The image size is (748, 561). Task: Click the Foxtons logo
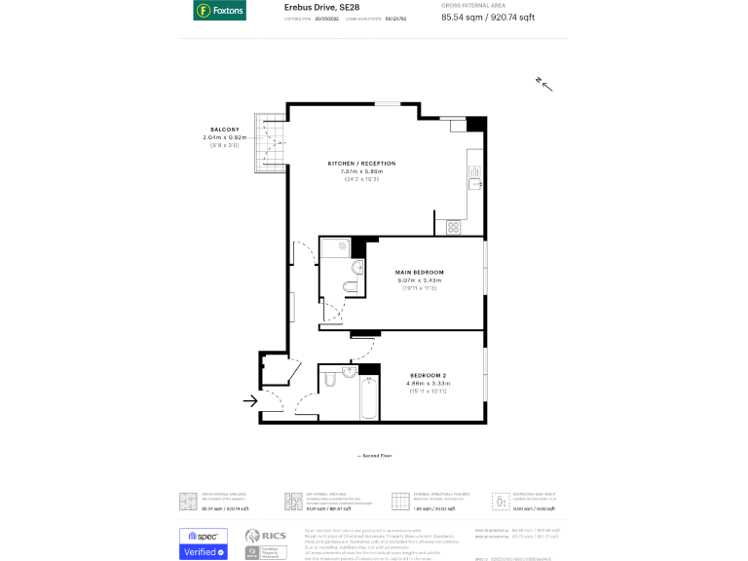point(219,11)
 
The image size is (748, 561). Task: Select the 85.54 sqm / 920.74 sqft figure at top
point(502,18)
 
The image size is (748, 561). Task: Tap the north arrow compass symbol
point(543,84)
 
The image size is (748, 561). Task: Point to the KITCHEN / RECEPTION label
point(361,163)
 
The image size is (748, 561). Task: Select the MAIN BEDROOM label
point(419,272)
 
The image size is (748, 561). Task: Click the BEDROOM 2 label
point(428,375)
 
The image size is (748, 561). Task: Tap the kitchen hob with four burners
point(453,227)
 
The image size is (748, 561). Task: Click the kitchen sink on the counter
point(475,182)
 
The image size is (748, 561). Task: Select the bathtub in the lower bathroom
point(368,399)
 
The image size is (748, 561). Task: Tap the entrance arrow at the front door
point(250,399)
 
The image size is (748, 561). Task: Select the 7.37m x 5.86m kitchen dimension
point(361,171)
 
